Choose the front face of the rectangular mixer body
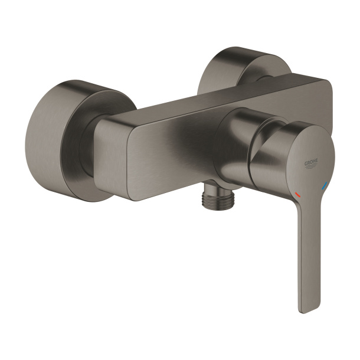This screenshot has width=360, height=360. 177,159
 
